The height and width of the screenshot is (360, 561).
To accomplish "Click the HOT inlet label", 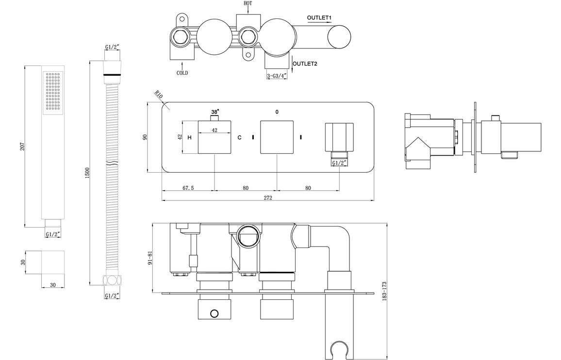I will tap(248, 3).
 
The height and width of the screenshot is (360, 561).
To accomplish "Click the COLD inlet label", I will tap(182, 73).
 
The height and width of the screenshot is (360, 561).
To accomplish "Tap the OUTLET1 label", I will tap(319, 18).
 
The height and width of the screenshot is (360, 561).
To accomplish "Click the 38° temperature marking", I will tap(215, 112).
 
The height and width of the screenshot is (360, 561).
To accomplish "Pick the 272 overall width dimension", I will tap(268, 197).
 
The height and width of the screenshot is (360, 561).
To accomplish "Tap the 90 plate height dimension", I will tap(144, 137).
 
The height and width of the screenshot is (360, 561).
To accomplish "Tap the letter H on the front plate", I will tap(189, 138).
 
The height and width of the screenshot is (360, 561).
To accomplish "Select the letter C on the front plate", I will tap(239, 138).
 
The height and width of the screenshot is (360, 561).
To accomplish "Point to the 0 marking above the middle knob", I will tap(277, 112).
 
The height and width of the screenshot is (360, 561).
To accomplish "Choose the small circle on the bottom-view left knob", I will tap(214, 314).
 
